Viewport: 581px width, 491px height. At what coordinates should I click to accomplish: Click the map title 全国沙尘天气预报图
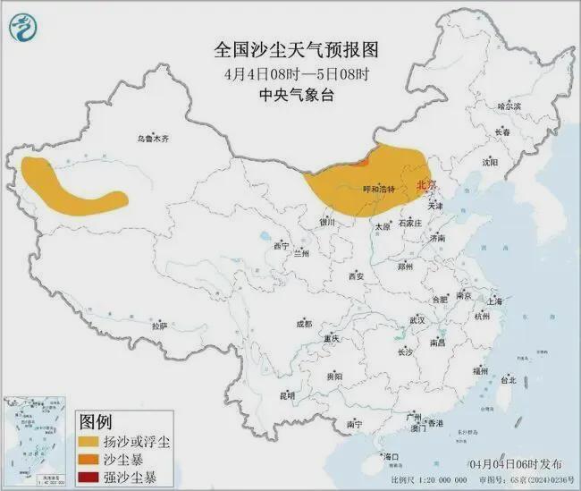point(290,49)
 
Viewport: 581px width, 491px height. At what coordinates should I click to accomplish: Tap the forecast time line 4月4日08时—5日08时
point(290,72)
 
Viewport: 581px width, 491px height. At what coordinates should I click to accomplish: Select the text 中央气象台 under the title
point(290,95)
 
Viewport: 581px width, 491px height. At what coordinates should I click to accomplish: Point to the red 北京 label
point(427,185)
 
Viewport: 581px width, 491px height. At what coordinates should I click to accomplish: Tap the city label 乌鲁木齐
point(153,139)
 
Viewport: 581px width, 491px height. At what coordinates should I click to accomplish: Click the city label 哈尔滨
point(509,106)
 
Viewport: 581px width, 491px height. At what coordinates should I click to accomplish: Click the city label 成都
point(302,323)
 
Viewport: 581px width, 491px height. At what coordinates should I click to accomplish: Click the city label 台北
point(507,379)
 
